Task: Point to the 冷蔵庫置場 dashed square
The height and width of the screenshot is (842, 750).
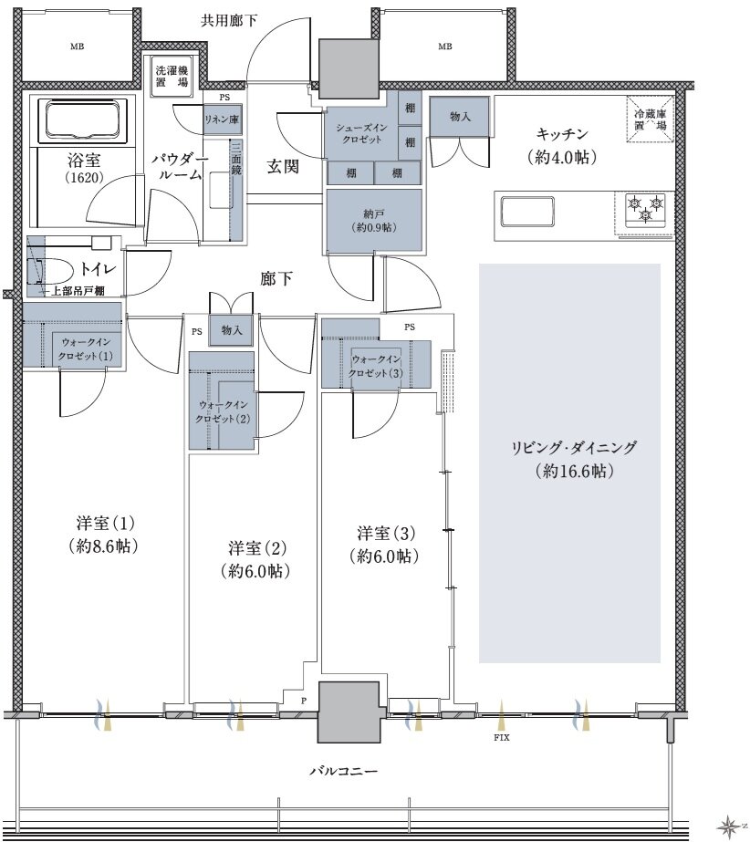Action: (650, 120)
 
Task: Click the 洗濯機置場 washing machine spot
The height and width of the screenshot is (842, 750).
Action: (172, 76)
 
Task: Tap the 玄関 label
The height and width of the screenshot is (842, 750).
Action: (283, 166)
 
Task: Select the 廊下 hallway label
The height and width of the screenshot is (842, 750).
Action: (276, 278)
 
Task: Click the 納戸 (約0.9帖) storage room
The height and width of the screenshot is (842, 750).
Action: (374, 221)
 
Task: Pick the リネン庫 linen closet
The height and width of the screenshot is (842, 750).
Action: (223, 120)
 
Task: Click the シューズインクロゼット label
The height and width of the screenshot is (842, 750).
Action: (361, 133)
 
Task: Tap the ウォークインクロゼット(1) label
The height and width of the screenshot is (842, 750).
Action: (85, 349)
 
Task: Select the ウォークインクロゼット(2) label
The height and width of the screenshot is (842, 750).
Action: (223, 411)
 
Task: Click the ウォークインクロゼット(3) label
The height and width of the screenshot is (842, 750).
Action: (375, 366)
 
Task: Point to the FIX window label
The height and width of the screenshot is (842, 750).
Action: (501, 738)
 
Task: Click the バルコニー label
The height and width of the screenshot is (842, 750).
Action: (343, 771)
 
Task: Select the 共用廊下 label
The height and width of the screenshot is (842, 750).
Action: (229, 21)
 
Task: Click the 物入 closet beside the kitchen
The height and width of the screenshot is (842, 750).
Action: (459, 116)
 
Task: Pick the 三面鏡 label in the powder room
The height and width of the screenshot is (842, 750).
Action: (236, 158)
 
